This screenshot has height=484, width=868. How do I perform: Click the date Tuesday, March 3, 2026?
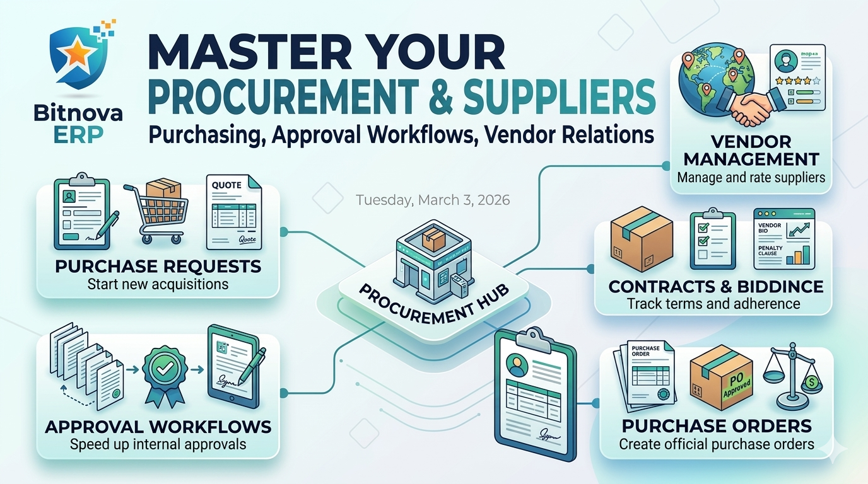pos(433,200)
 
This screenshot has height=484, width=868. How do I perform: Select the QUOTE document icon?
pos(233,212)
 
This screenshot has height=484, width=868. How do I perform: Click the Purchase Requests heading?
pos(158,267)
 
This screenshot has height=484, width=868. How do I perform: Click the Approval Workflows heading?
pos(158,427)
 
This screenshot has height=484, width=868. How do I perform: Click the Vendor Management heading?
pos(751,150)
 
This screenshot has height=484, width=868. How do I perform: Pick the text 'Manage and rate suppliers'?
pos(751,177)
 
